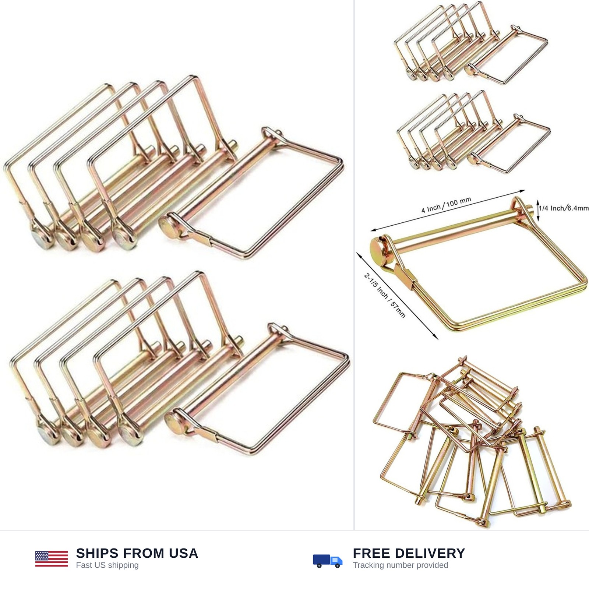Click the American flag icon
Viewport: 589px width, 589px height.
(x=52, y=559)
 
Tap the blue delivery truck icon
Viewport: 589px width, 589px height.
(x=328, y=560)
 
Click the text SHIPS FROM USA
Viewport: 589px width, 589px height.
(x=137, y=553)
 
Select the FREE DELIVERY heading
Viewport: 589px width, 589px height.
(x=409, y=553)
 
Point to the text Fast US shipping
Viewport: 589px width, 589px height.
(x=107, y=565)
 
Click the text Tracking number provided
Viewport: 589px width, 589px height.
(x=400, y=565)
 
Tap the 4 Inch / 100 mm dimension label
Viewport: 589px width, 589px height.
(x=446, y=205)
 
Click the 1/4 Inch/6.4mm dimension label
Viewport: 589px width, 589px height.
(x=564, y=208)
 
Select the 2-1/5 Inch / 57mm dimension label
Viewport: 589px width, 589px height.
(x=385, y=295)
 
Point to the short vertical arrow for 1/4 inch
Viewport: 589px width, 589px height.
(x=538, y=210)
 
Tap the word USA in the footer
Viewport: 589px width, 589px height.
(x=184, y=553)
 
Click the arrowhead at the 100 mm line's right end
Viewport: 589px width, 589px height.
(x=522, y=191)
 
